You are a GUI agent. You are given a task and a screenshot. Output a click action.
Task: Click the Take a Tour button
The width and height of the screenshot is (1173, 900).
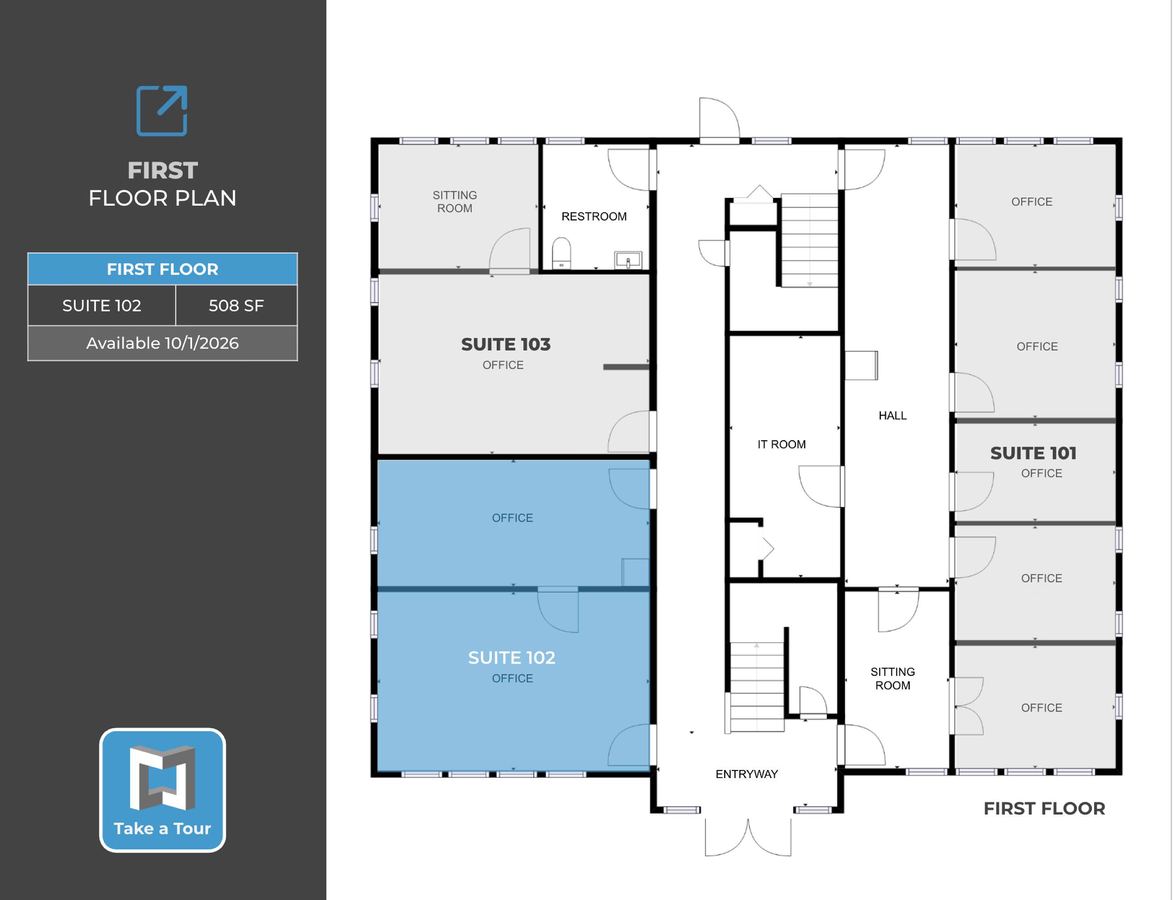click(x=162, y=790)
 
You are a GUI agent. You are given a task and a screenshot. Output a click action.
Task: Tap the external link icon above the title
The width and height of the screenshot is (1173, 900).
click(x=162, y=111)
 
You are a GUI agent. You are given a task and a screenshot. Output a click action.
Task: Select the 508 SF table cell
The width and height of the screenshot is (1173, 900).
click(x=236, y=306)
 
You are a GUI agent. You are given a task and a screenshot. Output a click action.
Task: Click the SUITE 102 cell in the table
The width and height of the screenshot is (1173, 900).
click(x=102, y=306)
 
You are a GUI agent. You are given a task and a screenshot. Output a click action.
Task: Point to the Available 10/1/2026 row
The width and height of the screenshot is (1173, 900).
click(x=162, y=343)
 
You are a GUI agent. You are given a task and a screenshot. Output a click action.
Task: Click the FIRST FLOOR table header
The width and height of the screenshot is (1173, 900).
click(x=162, y=269)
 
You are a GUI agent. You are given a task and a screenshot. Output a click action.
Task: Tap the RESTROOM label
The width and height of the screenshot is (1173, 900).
click(x=594, y=216)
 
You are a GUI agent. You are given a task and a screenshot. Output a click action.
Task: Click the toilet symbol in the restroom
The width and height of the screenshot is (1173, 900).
click(x=562, y=253)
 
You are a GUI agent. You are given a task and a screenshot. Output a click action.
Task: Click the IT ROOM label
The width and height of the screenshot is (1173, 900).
click(x=782, y=444)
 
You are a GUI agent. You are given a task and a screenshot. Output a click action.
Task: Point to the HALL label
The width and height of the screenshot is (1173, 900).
click(x=892, y=415)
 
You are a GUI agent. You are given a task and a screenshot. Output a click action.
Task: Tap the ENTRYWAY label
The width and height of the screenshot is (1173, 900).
click(x=746, y=774)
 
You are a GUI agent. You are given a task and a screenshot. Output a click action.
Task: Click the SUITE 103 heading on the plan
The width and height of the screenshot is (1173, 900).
click(x=506, y=344)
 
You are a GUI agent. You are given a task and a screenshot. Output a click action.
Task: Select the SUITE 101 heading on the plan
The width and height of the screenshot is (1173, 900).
click(x=1033, y=453)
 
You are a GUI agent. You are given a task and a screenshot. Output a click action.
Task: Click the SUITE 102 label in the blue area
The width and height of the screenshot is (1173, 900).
click(x=512, y=657)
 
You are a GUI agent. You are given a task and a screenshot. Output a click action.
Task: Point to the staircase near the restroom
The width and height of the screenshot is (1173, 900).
click(x=809, y=240)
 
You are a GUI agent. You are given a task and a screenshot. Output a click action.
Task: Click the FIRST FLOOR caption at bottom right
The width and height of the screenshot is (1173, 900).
click(x=1044, y=808)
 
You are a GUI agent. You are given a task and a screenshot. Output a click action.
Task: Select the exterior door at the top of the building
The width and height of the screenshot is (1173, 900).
click(x=719, y=121)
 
